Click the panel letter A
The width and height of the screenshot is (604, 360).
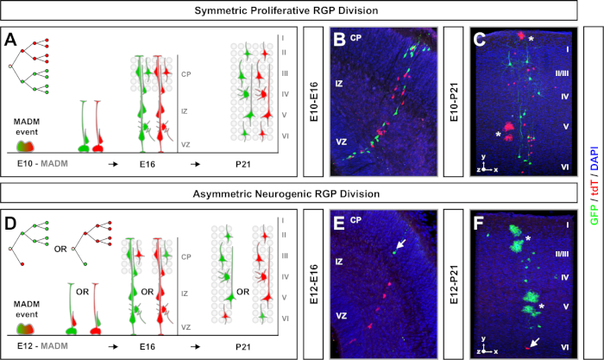point(10,40)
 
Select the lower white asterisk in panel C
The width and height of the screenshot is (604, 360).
point(498,135)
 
